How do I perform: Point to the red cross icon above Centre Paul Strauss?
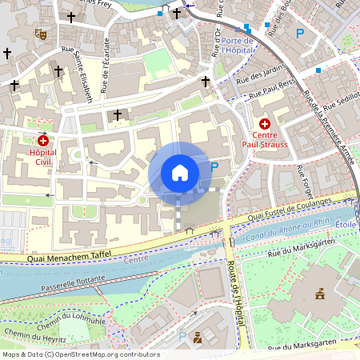pyautogui.click(x=265, y=124)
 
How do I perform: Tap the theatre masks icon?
pyautogui.click(x=40, y=34)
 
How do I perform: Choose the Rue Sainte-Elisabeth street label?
pyautogui.click(x=82, y=78)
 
